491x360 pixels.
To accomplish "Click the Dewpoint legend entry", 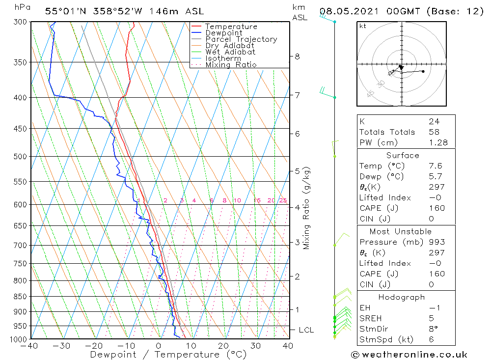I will (x=223, y=33).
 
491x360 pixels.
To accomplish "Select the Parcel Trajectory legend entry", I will (x=241, y=39).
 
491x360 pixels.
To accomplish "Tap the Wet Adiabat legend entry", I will (x=230, y=52).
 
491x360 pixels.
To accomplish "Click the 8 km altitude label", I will (x=297, y=56).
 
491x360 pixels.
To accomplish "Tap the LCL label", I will (x=306, y=330).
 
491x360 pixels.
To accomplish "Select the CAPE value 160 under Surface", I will (x=436, y=208).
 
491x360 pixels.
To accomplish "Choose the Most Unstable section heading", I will (x=400, y=231).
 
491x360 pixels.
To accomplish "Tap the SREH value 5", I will (x=431, y=319).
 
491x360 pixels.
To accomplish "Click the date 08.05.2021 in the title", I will (x=347, y=11).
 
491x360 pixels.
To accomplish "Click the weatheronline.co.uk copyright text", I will (x=409, y=354).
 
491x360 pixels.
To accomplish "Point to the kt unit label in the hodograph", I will (x=362, y=26).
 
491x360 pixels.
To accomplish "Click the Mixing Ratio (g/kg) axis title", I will (x=307, y=208).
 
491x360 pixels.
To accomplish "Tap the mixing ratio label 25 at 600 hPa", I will (x=283, y=200).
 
